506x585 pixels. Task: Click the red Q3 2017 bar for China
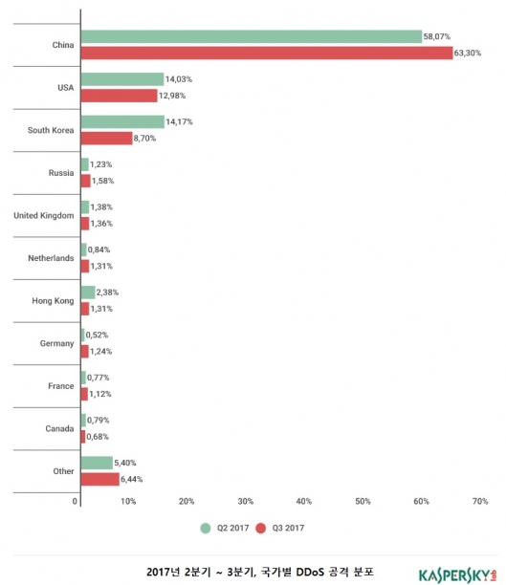267,53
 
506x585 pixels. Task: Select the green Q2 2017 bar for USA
122,79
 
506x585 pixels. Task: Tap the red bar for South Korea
107,139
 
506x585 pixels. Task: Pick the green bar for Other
97,463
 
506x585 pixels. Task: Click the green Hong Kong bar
88,292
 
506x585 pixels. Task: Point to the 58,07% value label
436,36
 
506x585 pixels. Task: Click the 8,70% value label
144,139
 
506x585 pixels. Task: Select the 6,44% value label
131,480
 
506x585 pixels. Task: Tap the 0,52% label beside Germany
97,335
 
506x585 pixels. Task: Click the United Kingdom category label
44,216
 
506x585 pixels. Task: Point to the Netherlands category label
51,258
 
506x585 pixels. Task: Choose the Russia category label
61,173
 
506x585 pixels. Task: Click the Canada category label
59,428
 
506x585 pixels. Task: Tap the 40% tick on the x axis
303,502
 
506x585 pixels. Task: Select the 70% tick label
480,502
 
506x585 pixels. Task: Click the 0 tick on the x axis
75,502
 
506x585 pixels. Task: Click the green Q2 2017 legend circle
206,529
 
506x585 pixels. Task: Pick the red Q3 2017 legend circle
261,529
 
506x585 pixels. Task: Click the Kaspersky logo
458,575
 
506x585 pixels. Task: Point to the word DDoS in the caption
310,572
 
